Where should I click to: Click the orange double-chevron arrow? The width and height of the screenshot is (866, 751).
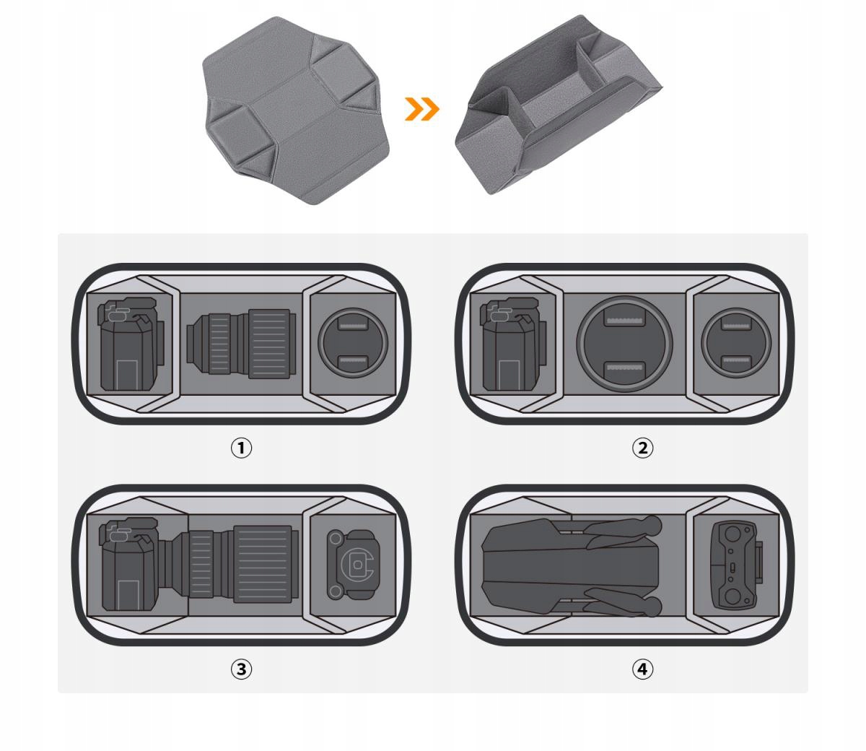pyautogui.click(x=422, y=109)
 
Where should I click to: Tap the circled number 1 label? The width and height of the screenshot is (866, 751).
pyautogui.click(x=241, y=448)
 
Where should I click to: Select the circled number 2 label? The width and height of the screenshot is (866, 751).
pyautogui.click(x=642, y=448)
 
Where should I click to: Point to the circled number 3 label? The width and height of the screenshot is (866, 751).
pyautogui.click(x=241, y=669)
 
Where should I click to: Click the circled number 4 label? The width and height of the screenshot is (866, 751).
pyautogui.click(x=642, y=669)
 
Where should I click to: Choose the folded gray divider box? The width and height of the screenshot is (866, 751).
pyautogui.click(x=559, y=105)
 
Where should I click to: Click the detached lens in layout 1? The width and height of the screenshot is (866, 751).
pyautogui.click(x=241, y=344)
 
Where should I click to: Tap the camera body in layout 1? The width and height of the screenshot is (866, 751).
pyautogui.click(x=131, y=344)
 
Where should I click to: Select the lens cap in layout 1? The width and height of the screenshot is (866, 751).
pyautogui.click(x=353, y=343)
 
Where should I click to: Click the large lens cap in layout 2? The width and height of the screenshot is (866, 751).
pyautogui.click(x=624, y=344)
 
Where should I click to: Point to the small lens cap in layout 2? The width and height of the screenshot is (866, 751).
pyautogui.click(x=736, y=343)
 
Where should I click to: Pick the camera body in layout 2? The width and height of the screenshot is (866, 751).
pyautogui.click(x=514, y=344)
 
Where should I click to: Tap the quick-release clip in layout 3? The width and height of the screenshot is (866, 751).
pyautogui.click(x=353, y=565)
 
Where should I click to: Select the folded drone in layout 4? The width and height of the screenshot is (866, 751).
pyautogui.click(x=572, y=567)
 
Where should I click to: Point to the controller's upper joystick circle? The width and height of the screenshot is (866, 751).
pyautogui.click(x=732, y=534)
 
